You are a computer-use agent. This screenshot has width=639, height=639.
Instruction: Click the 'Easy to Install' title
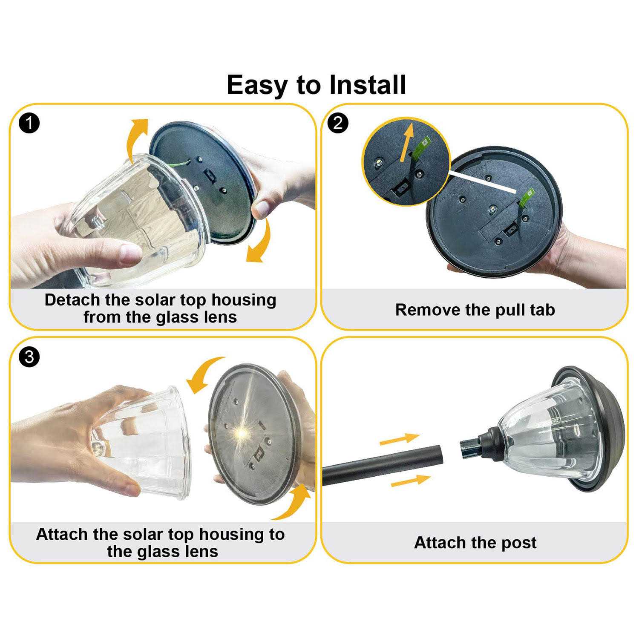coord(316,85)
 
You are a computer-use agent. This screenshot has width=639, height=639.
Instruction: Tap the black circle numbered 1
coord(29,124)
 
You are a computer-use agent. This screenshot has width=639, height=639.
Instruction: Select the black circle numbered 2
coord(339,124)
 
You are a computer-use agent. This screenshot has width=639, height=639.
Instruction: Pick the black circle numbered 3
coord(29,356)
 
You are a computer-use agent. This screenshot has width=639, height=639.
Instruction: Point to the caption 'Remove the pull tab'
coord(475,310)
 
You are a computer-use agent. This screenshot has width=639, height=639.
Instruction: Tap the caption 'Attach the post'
coord(475,543)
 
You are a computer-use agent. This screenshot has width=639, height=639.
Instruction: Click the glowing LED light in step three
coord(241,433)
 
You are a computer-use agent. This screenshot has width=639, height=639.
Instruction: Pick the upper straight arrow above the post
coord(400,439)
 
